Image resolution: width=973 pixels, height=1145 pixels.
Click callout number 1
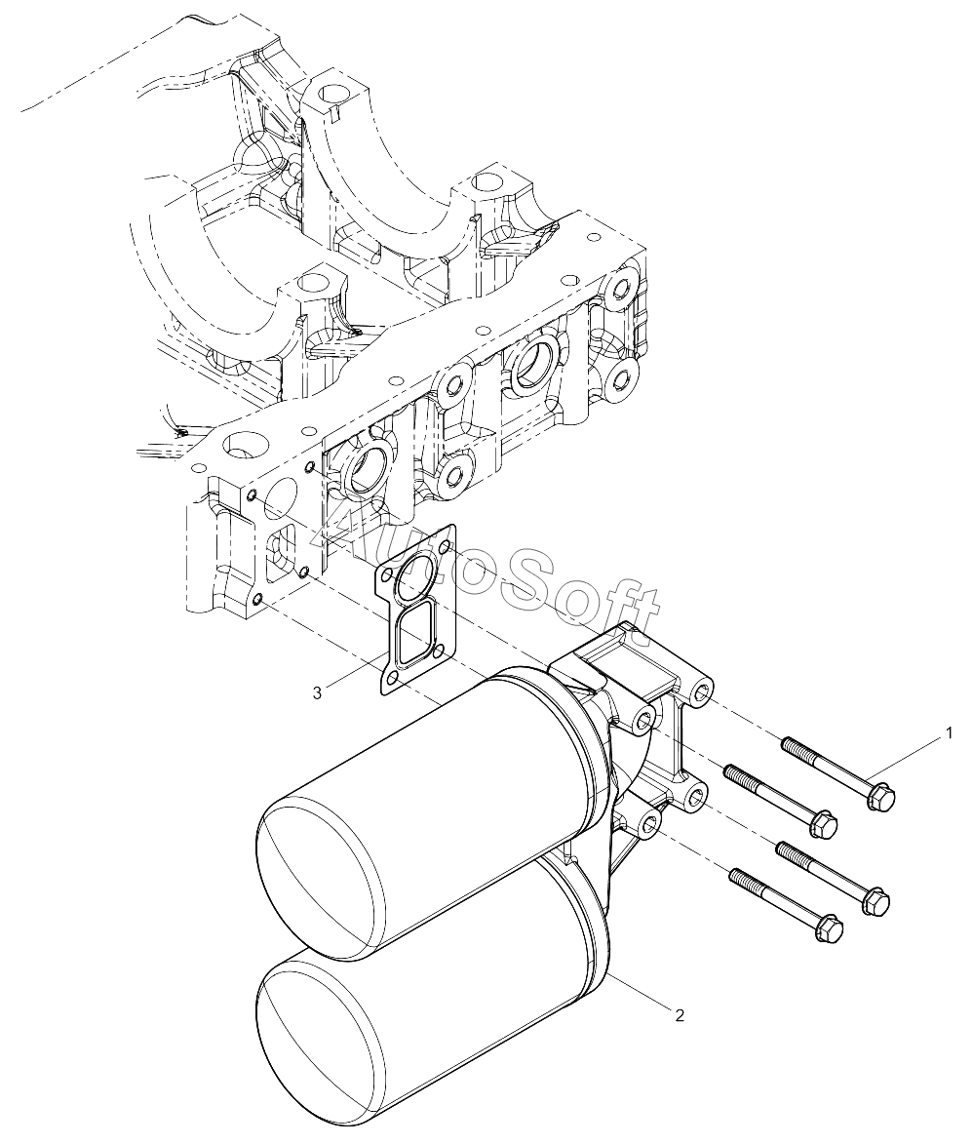(949, 732)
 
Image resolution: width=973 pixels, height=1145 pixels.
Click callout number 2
(680, 1015)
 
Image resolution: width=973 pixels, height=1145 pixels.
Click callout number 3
(317, 693)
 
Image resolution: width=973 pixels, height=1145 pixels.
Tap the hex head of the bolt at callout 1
(880, 798)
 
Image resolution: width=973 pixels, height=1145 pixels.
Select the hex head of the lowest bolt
(829, 928)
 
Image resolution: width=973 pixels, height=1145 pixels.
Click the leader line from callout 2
(638, 992)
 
